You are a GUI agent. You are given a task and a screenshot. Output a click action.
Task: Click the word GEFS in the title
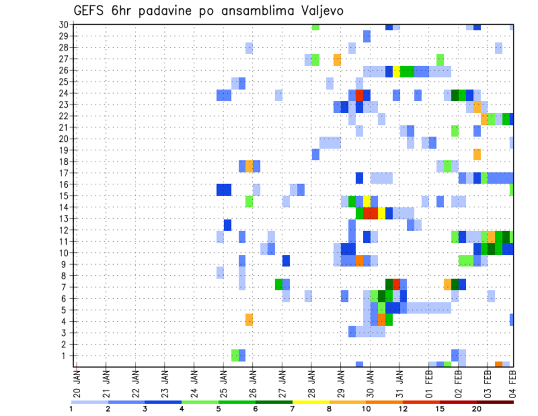(90, 11)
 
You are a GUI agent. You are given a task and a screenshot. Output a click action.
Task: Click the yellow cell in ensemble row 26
(396, 71)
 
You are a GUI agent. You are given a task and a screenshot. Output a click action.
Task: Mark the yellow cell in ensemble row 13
(382, 213)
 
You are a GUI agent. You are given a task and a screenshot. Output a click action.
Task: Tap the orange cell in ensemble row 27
(337, 59)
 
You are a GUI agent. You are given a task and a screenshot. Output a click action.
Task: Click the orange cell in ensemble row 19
(477, 154)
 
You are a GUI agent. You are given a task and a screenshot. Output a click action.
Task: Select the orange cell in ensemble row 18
(249, 166)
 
